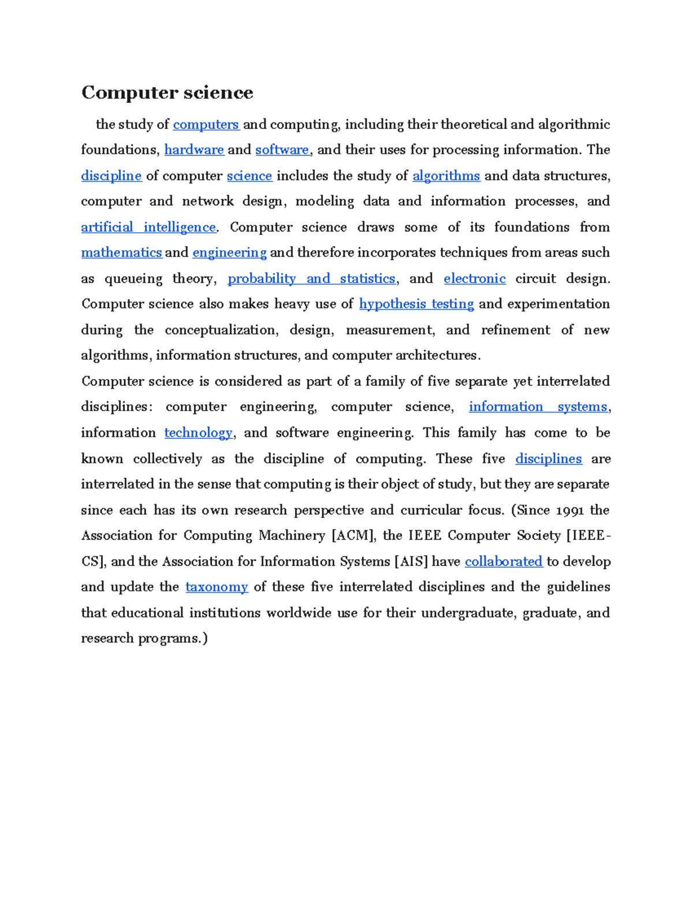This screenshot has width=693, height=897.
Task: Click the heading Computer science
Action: (167, 92)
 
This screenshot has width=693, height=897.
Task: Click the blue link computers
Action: (206, 124)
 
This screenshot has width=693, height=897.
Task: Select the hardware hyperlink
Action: (194, 150)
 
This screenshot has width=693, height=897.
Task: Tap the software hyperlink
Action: (282, 150)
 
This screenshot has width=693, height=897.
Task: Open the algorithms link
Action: (446, 176)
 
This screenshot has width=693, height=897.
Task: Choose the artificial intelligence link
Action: (148, 227)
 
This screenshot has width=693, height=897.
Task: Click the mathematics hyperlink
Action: (121, 252)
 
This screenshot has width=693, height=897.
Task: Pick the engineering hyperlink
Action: (229, 252)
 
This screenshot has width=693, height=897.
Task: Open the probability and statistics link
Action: (311, 278)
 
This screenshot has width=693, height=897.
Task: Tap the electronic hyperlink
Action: (475, 278)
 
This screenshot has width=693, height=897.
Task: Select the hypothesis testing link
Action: (416, 304)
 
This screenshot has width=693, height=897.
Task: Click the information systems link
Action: (538, 407)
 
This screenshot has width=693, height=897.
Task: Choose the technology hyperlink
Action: (198, 433)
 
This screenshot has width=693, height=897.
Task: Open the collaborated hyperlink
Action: (504, 561)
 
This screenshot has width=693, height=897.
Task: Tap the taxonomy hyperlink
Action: (217, 587)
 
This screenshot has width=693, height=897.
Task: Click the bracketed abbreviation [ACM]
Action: (353, 535)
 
